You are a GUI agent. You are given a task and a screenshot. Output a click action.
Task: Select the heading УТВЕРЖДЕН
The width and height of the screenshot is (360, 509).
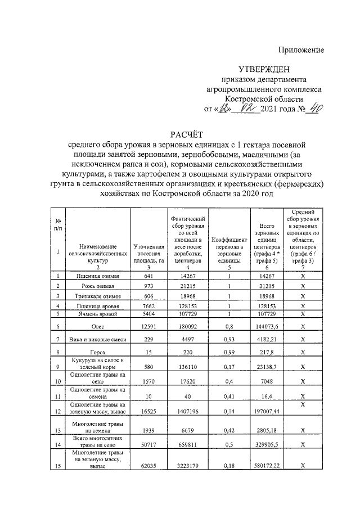[264, 70]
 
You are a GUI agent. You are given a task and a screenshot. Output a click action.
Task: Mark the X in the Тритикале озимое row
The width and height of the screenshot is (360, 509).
[303, 295]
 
